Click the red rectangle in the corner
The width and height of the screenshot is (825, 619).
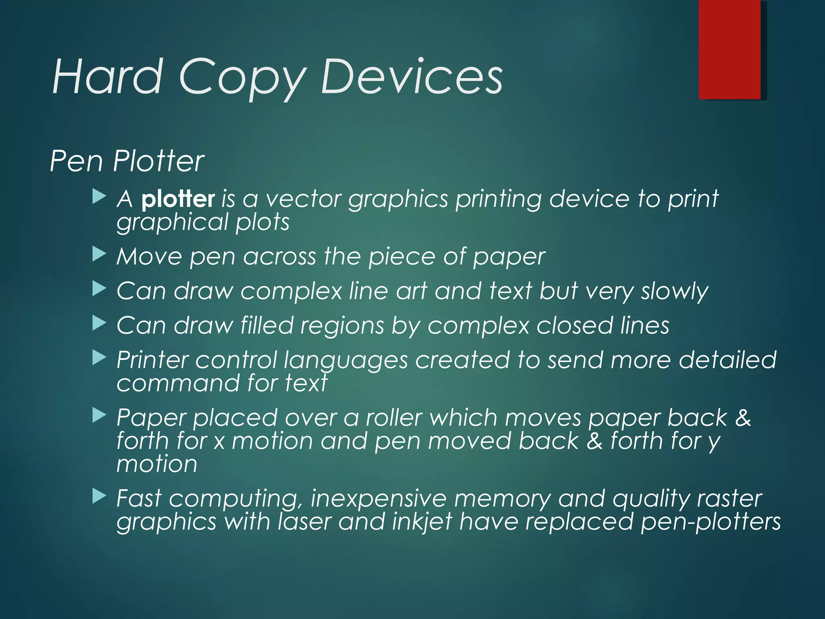730,50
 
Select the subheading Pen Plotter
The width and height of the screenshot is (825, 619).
127,161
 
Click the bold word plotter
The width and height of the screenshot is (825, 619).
178,199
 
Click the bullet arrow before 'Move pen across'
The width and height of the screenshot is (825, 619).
99,254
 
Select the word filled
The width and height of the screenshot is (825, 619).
267,325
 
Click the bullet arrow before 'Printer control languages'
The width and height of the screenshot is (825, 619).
99,357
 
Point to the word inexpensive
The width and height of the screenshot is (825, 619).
378,499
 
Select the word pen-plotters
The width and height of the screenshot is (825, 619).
711,522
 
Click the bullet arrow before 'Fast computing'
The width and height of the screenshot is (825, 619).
99,496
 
